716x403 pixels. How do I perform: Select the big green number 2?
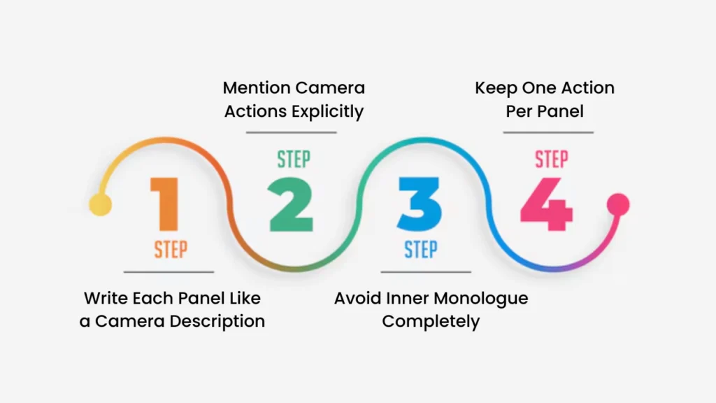tap(292, 204)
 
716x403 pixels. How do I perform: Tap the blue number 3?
tap(420, 204)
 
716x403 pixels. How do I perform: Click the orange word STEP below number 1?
tap(171, 249)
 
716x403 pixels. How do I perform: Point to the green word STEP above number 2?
tap(293, 159)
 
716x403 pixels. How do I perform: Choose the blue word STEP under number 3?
tap(421, 249)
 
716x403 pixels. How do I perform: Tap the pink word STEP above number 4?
tap(551, 159)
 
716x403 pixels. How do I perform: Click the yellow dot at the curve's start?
tap(101, 206)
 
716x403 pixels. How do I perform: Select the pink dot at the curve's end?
tap(618, 204)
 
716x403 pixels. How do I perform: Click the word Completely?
tap(431, 322)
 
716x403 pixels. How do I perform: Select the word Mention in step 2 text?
tap(255, 88)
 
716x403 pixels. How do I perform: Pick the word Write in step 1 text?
tap(103, 298)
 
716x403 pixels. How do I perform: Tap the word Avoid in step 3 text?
tap(356, 298)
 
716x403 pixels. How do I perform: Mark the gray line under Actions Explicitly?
tap(292, 132)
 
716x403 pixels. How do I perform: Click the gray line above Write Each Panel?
tap(169, 271)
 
